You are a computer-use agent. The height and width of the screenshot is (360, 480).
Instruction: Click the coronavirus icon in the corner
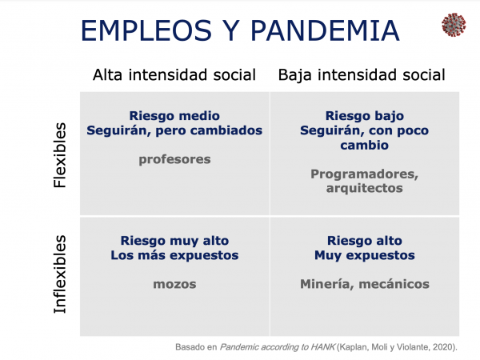(x=454, y=25)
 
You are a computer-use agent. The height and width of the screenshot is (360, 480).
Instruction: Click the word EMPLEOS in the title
(x=146, y=30)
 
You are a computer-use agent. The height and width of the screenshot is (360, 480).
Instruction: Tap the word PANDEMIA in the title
(x=325, y=30)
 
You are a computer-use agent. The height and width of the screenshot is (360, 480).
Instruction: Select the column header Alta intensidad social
(x=174, y=74)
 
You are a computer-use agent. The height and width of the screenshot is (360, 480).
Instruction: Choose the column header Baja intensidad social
(x=362, y=75)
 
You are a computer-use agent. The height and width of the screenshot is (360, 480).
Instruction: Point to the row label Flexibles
(x=60, y=155)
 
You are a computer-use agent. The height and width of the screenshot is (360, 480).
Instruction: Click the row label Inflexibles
(x=60, y=274)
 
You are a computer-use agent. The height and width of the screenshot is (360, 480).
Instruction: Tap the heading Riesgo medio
(x=174, y=116)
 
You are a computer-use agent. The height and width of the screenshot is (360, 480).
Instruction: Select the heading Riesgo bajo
(x=365, y=116)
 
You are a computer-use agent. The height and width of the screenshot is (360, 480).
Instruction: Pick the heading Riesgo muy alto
(x=174, y=241)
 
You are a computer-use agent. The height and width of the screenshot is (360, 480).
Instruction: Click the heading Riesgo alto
(x=365, y=241)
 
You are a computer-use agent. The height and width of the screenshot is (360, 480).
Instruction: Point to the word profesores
(x=174, y=159)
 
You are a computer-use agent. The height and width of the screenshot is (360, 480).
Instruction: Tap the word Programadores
(x=365, y=174)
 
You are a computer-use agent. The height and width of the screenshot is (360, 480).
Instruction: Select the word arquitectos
(x=365, y=188)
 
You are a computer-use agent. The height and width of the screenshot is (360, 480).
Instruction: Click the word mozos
(x=174, y=284)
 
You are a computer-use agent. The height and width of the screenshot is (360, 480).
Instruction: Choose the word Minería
(x=327, y=284)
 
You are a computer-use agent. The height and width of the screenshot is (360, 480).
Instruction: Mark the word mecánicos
(x=394, y=284)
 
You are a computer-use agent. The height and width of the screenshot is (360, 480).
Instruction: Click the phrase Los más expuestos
(x=174, y=255)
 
